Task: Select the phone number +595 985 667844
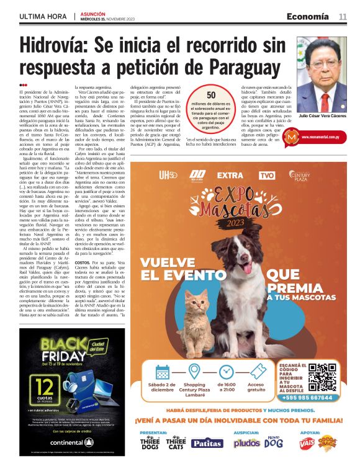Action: point(306,397)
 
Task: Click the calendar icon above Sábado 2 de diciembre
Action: point(162,372)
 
